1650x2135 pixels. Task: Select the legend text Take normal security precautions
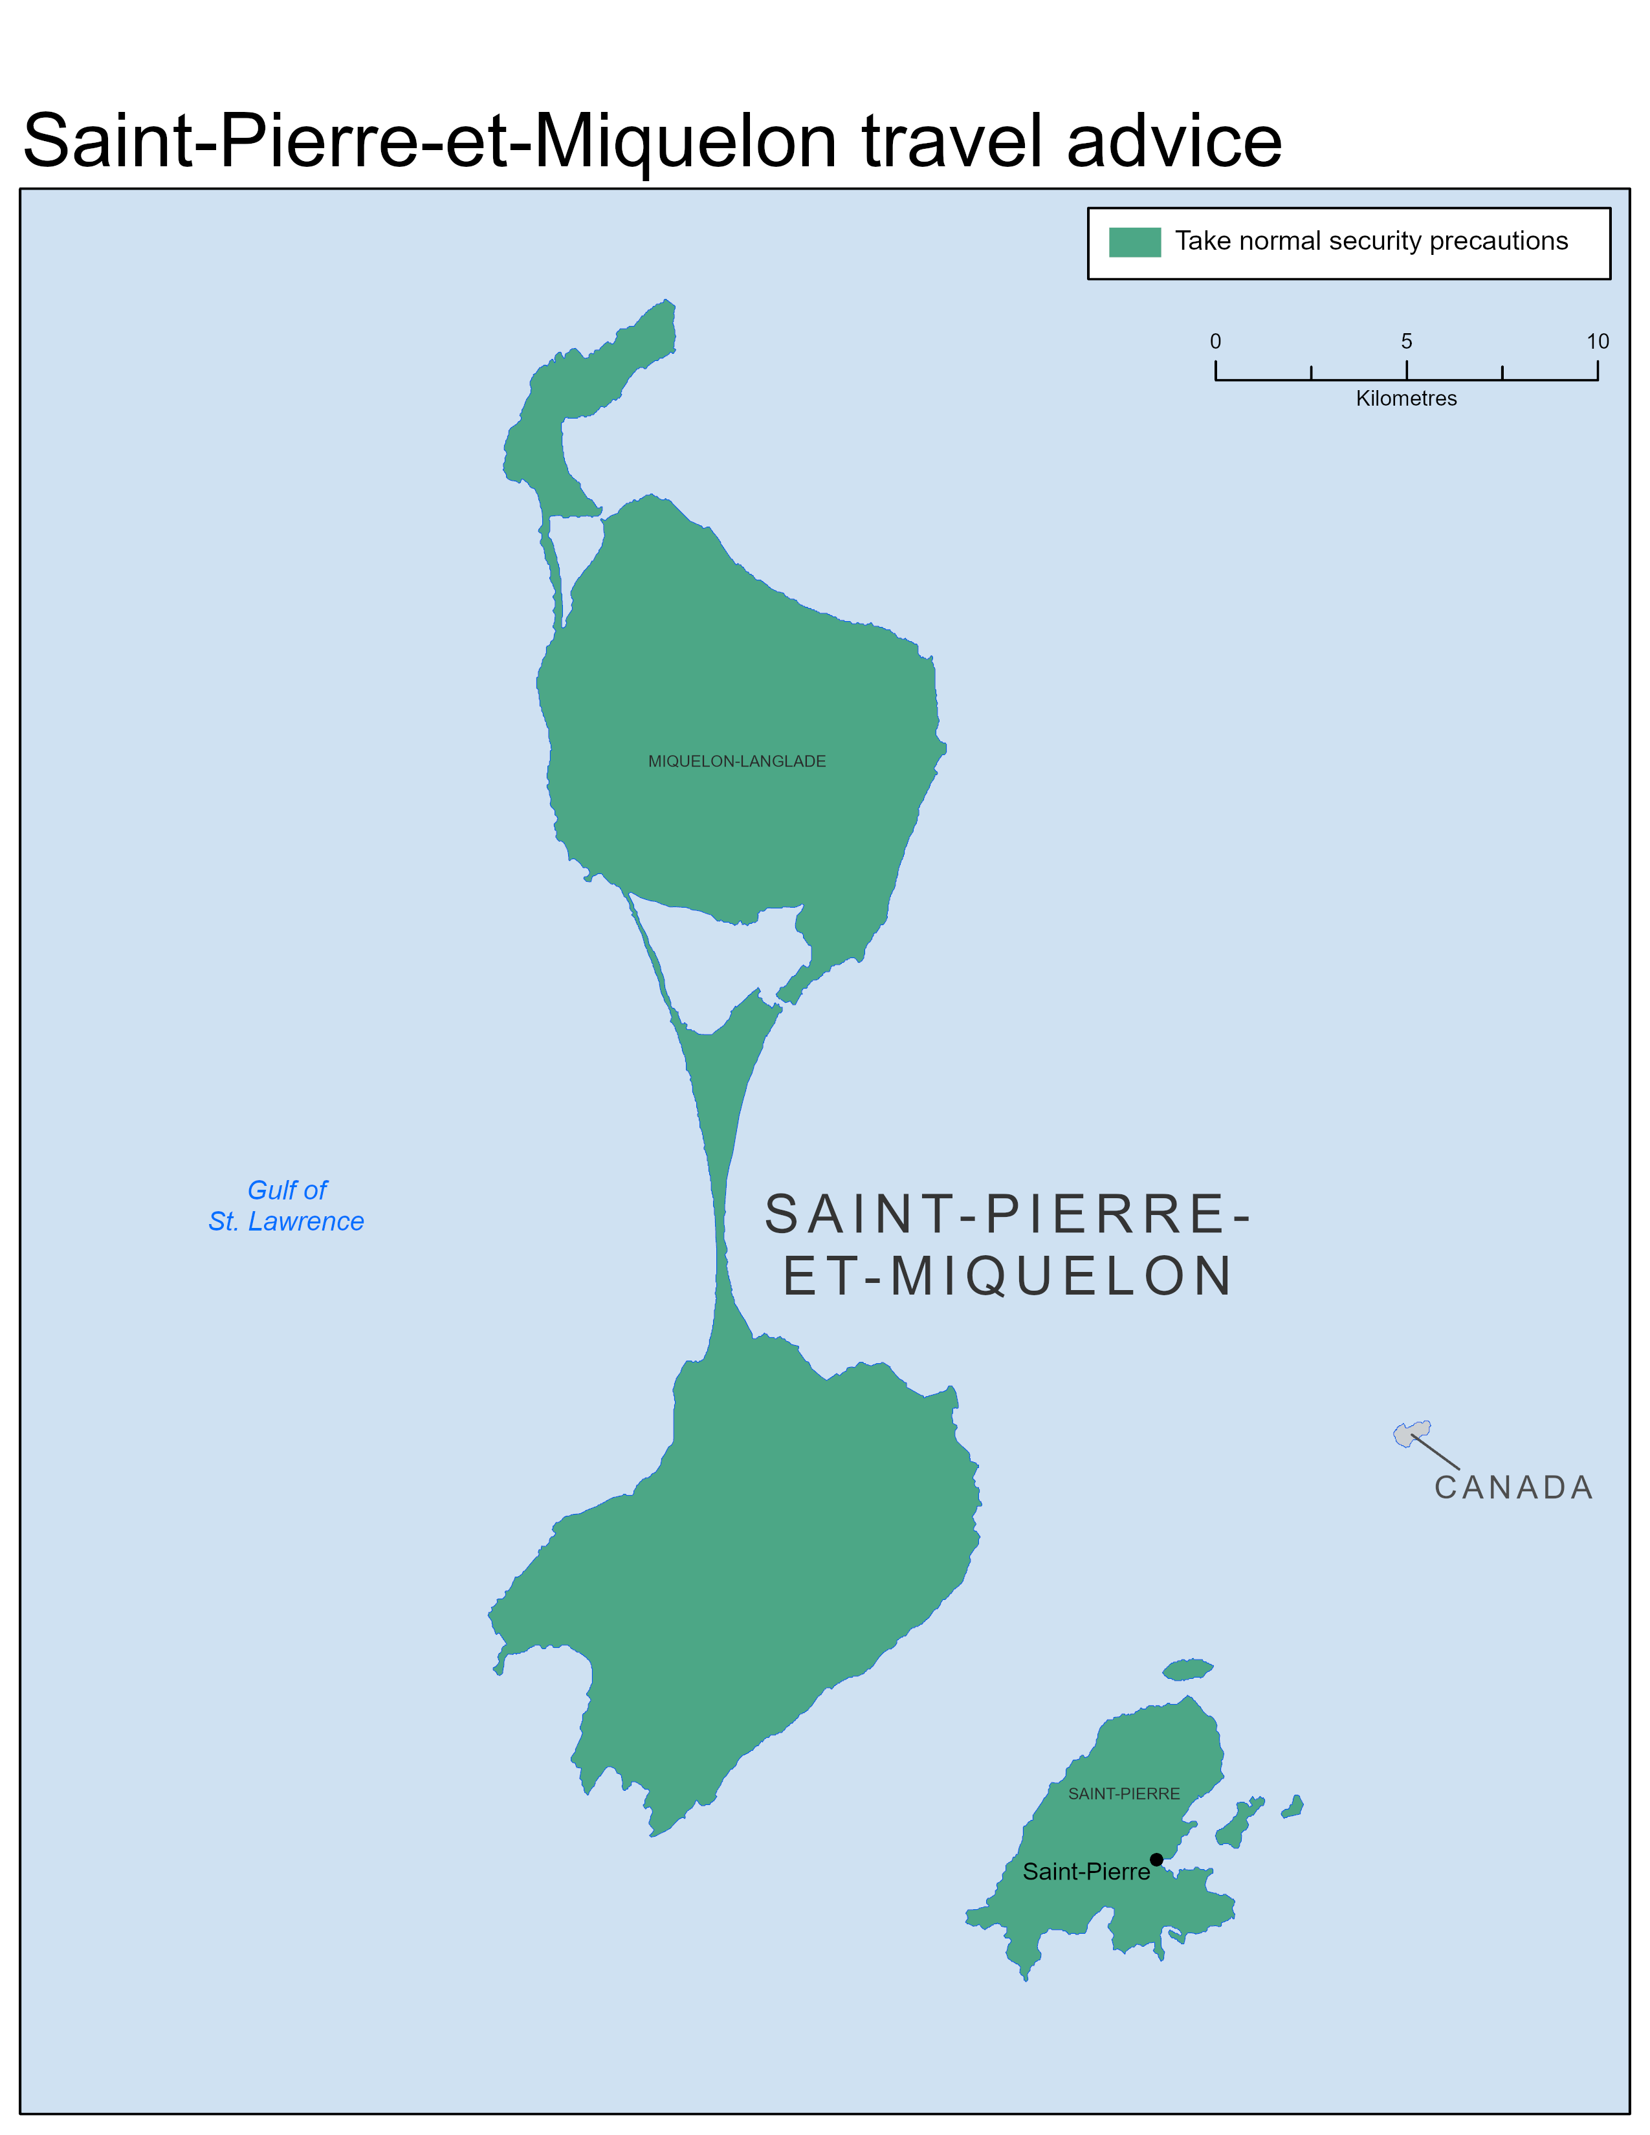(1370, 241)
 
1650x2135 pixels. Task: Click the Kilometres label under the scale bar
(1405, 399)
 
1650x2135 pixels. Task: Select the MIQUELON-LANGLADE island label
(736, 761)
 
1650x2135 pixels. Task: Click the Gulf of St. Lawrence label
(287, 1205)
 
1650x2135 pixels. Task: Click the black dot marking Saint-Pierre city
(1156, 1859)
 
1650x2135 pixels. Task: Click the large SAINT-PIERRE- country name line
(1007, 1214)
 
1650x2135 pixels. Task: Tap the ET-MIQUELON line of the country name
(1007, 1276)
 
